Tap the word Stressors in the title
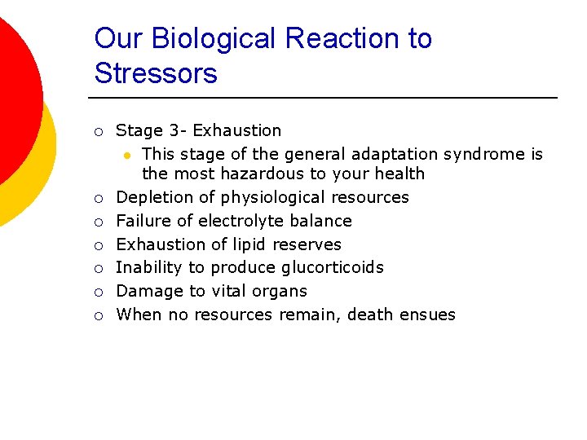point(156,74)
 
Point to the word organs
point(279,291)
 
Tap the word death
point(371,315)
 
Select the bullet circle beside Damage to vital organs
point(98,292)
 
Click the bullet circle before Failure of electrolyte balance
point(98,222)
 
